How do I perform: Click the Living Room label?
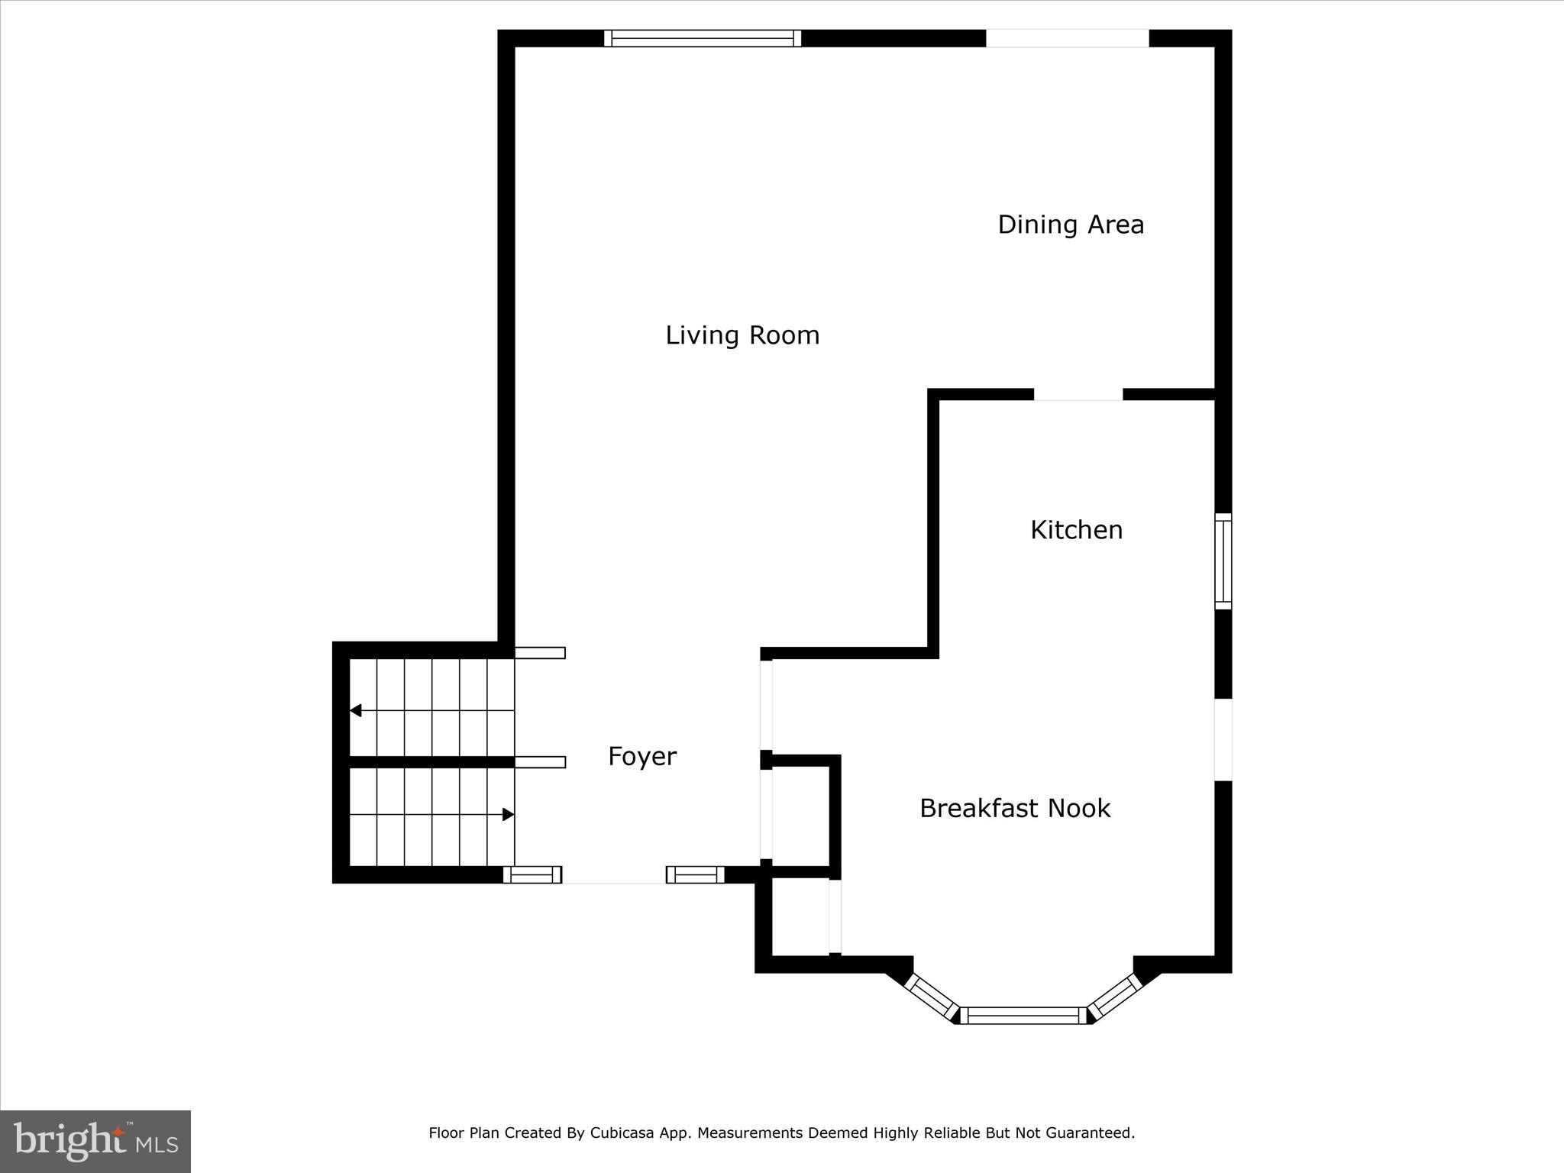coord(742,335)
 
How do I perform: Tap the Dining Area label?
coord(1071,225)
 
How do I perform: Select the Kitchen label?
coord(1076,530)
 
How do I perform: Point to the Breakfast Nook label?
coord(1014,808)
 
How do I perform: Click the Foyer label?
coord(641,756)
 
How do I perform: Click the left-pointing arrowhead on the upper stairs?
coord(356,711)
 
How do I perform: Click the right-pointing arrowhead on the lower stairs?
coord(508,815)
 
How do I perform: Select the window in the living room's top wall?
coord(703,38)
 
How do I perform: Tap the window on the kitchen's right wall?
coord(1223,561)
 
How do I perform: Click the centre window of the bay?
coord(1023,1015)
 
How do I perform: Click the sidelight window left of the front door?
coord(532,875)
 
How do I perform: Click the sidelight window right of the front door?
coord(695,875)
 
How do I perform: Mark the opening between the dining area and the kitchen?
coord(1078,395)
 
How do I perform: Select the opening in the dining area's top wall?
coord(1067,38)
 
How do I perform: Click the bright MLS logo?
coord(95,1141)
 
